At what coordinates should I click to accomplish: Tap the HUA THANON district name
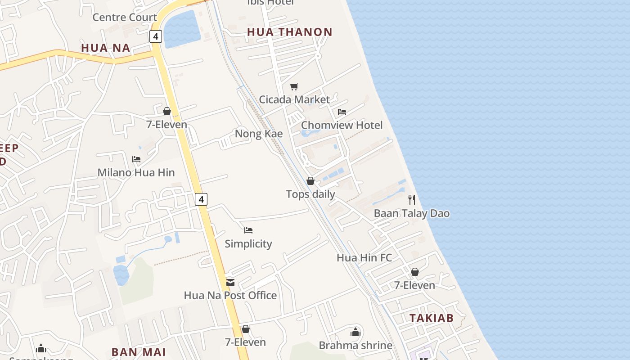290,32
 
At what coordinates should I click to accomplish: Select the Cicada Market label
294,99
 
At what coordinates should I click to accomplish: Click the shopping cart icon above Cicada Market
294,87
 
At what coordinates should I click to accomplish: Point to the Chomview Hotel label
342,125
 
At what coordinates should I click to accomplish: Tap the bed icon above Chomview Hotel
342,112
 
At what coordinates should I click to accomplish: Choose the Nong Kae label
259,134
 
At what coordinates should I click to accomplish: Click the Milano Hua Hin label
136,172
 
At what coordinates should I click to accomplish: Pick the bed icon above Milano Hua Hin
136,159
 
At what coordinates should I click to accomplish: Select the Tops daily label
310,194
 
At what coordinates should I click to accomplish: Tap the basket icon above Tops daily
310,181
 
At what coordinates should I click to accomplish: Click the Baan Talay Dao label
412,213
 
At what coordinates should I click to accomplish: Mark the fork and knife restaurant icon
412,200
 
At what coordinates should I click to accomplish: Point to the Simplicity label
248,243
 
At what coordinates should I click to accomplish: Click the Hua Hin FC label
364,258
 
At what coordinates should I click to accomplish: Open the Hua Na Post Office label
230,295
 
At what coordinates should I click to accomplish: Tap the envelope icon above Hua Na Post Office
230,283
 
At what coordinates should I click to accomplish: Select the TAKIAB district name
432,318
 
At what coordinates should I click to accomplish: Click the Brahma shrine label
355,345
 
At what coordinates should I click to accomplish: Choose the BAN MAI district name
139,352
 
